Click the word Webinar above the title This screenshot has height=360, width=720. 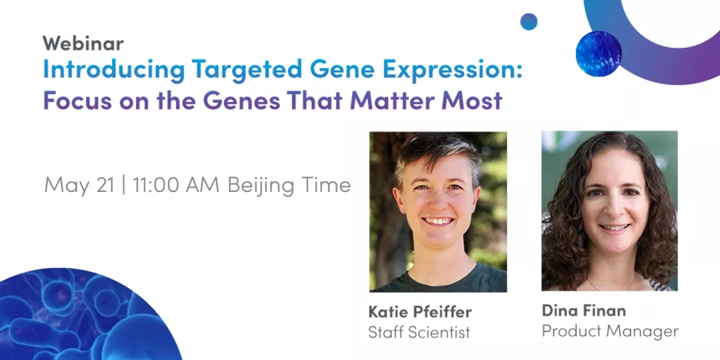83,43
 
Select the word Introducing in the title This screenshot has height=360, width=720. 114,70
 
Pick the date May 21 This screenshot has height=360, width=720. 79,185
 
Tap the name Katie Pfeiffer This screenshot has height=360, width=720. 420,312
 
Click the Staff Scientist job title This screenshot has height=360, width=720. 419,332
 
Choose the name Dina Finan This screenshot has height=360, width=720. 583,311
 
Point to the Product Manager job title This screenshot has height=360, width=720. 610,331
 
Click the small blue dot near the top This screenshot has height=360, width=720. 529,21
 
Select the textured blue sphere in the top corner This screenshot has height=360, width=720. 598,53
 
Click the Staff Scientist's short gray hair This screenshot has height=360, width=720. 436,151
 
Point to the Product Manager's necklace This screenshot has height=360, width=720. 611,284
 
